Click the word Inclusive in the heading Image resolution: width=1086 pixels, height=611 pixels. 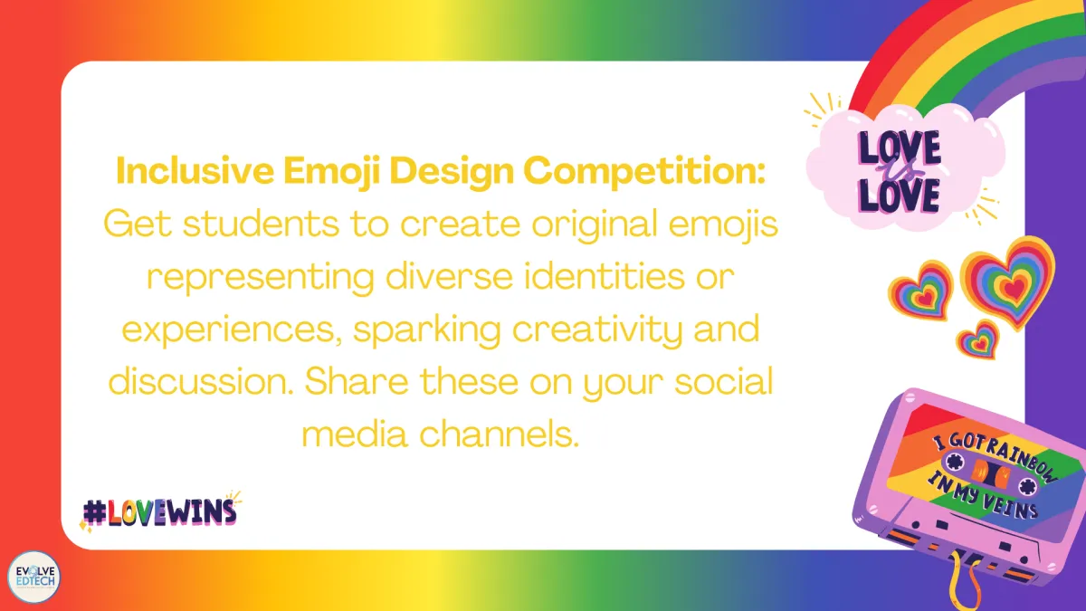point(195,171)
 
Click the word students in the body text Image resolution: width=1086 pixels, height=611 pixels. point(261,224)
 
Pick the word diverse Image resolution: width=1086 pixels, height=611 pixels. point(450,276)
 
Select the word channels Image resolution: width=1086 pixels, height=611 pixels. point(500,434)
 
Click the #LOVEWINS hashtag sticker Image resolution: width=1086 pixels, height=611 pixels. point(160,511)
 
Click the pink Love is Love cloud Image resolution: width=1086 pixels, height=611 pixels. point(904,167)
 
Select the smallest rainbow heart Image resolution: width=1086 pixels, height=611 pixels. point(979,341)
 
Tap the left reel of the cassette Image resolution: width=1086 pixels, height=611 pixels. point(953,461)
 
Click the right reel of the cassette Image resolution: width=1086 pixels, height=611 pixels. point(1027,486)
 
